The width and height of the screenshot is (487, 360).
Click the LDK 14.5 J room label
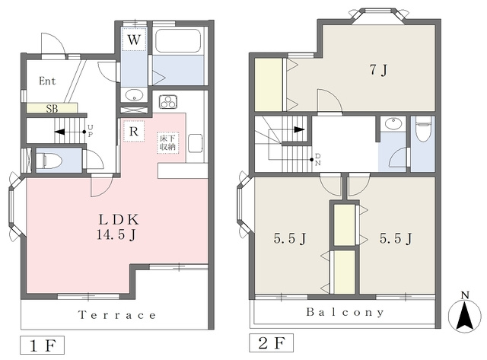pos(117,227)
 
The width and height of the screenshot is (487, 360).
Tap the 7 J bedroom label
pos(378,70)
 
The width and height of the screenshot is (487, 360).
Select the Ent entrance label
pos(47,81)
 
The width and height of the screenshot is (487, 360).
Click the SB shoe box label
pos(52,109)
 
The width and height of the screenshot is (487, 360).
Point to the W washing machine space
pos(134,40)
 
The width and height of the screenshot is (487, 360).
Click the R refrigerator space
pos(134,131)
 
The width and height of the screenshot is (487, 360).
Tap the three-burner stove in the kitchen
pos(168,101)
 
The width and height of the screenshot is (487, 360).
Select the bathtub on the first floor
pos(178,41)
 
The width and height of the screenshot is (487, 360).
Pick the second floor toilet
pos(423,129)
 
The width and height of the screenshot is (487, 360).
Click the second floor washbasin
pos(393,123)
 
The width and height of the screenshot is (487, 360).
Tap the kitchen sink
pos(196,143)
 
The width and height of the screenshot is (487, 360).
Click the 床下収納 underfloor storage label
pos(167,142)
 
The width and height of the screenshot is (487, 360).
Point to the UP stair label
pos(90,131)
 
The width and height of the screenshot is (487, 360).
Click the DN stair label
pos(318,159)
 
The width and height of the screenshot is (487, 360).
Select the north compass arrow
pos(465,314)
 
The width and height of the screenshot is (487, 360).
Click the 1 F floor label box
pos(43,345)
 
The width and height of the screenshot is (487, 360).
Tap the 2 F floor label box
pos(271,343)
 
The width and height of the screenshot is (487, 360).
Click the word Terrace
pos(117,315)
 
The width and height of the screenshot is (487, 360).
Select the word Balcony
pos(345,312)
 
